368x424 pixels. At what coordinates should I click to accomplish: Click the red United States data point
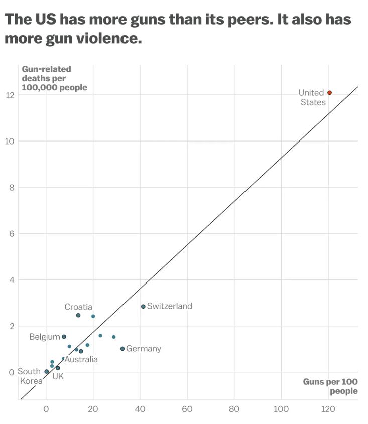click(329, 93)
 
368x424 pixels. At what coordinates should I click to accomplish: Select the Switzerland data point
click(143, 306)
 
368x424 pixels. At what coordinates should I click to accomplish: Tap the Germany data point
click(122, 349)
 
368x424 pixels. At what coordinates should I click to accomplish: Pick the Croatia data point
click(78, 315)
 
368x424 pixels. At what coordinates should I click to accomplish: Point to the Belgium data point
click(64, 337)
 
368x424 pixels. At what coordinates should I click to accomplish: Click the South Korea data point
click(47, 372)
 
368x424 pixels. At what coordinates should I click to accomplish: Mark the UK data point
click(58, 368)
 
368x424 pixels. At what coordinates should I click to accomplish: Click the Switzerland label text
click(170, 306)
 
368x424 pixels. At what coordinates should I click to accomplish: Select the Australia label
click(81, 360)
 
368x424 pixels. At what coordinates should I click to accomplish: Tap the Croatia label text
click(78, 307)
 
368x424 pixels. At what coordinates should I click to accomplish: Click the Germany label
click(144, 349)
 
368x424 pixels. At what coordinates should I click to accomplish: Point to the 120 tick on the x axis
click(328, 409)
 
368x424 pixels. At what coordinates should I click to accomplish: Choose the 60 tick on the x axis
click(187, 409)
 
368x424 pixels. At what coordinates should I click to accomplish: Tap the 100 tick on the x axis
click(281, 409)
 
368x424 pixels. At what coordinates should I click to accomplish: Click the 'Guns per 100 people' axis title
click(330, 386)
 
